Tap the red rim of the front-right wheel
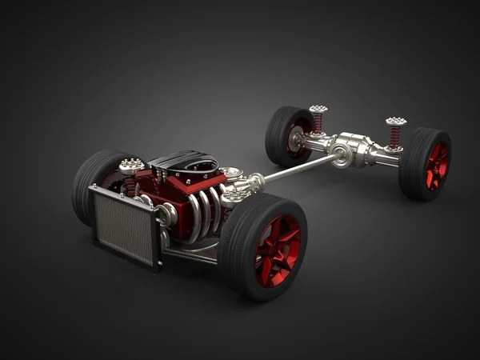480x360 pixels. [277, 250]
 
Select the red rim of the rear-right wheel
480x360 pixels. [437, 165]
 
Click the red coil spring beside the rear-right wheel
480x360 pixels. [394, 136]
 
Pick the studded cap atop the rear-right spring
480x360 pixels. [395, 122]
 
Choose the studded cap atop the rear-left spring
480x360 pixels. [318, 109]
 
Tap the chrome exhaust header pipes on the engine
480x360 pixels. [203, 213]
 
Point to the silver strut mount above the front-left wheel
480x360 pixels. [131, 166]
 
